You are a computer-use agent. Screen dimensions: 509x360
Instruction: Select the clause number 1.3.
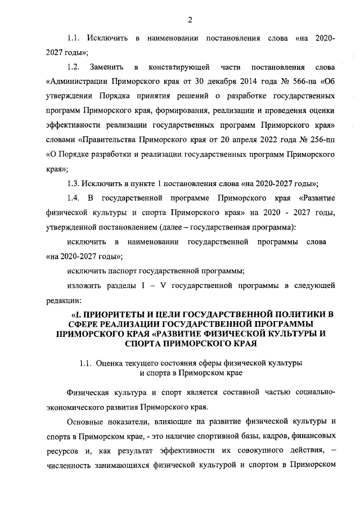[74, 183]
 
